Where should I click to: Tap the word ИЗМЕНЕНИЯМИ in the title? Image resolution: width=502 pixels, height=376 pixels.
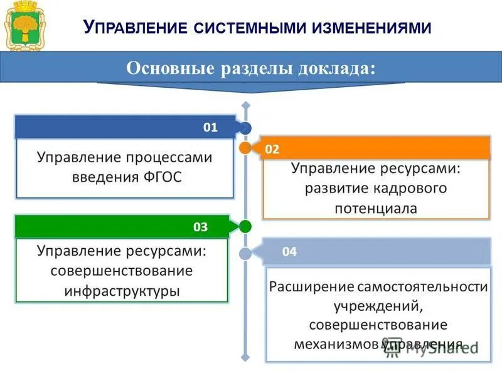[376, 28]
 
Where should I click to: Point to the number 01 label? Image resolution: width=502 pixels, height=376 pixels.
[210, 127]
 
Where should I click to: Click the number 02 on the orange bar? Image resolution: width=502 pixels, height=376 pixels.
[272, 149]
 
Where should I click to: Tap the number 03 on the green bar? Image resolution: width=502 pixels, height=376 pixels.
[200, 227]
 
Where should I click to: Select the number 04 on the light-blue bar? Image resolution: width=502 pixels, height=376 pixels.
[289, 252]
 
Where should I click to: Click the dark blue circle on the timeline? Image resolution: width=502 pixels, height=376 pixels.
[245, 128]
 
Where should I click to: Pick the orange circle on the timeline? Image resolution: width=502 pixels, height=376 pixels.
[245, 149]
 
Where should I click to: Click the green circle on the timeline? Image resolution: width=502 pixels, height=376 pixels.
[245, 226]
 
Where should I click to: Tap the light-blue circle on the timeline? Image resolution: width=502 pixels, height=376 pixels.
[245, 253]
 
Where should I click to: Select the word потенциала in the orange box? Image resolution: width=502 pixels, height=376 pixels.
[376, 208]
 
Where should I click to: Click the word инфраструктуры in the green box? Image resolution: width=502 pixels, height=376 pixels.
[122, 291]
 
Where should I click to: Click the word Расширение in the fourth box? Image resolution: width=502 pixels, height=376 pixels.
[311, 287]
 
